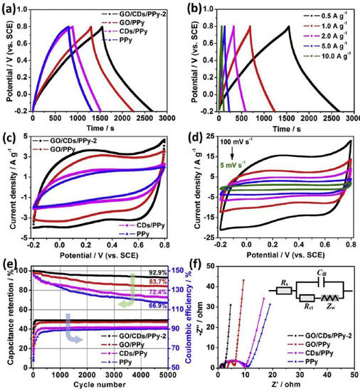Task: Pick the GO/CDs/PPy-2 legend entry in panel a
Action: pyautogui.click(x=138, y=14)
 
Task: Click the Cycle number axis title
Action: pyautogui.click(x=88, y=384)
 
